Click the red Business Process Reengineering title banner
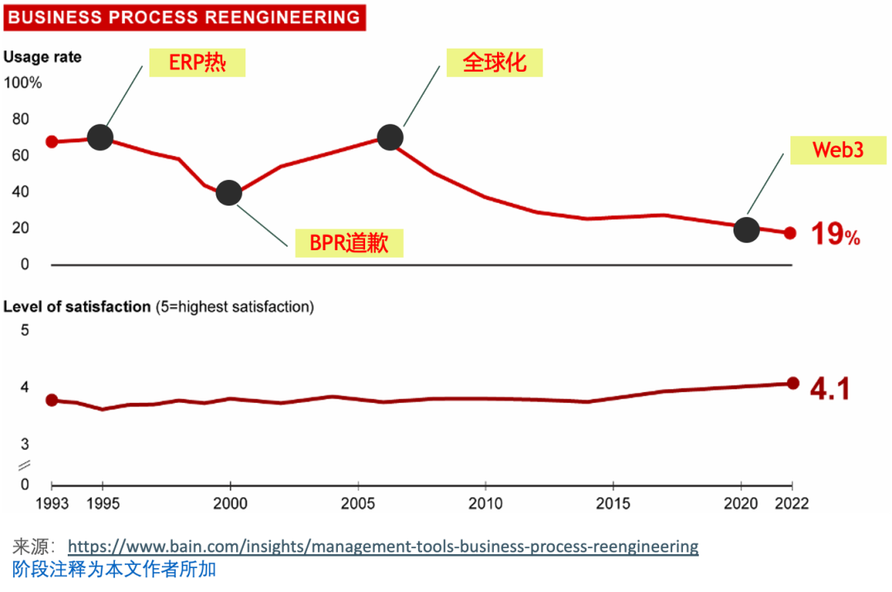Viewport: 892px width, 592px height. click(184, 17)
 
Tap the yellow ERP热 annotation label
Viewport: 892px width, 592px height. click(197, 63)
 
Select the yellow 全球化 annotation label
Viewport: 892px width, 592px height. click(494, 63)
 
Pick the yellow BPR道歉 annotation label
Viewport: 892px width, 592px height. click(349, 243)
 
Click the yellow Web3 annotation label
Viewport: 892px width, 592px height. click(826, 149)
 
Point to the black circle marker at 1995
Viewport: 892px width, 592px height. click(100, 137)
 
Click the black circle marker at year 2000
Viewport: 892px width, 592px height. click(229, 193)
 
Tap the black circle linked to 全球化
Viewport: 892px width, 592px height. click(390, 137)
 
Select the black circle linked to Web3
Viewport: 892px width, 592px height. click(747, 230)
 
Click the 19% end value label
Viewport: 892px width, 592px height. click(835, 234)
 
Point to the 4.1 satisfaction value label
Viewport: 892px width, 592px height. click(829, 389)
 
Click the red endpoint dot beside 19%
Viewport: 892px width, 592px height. click(790, 233)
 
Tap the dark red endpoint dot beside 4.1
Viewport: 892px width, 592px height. click(793, 383)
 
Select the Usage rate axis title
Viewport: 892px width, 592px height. click(43, 57)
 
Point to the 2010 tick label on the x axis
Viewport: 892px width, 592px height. click(486, 504)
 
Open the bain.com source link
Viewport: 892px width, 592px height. click(382, 547)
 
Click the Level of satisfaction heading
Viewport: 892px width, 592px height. click(78, 306)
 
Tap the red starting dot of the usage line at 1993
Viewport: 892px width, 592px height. click(51, 141)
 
